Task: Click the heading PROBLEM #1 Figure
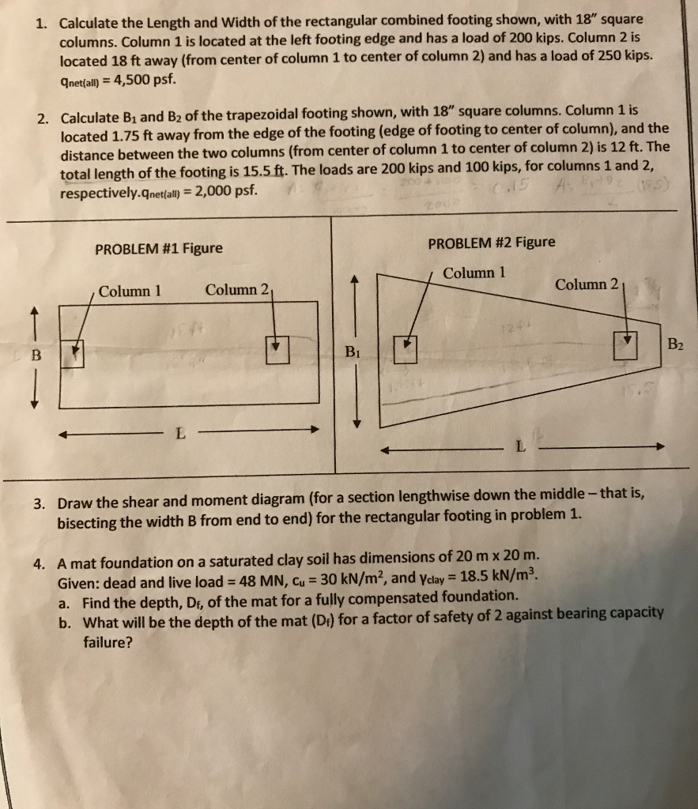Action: click(x=158, y=249)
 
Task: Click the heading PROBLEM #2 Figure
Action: click(x=491, y=243)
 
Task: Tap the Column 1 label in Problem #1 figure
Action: click(x=130, y=290)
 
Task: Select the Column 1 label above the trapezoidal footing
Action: click(x=474, y=273)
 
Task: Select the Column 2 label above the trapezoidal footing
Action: click(x=588, y=284)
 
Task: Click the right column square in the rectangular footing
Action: click(x=277, y=348)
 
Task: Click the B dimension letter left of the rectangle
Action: click(x=35, y=355)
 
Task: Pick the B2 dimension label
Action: click(x=676, y=344)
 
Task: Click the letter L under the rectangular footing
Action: click(x=181, y=434)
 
